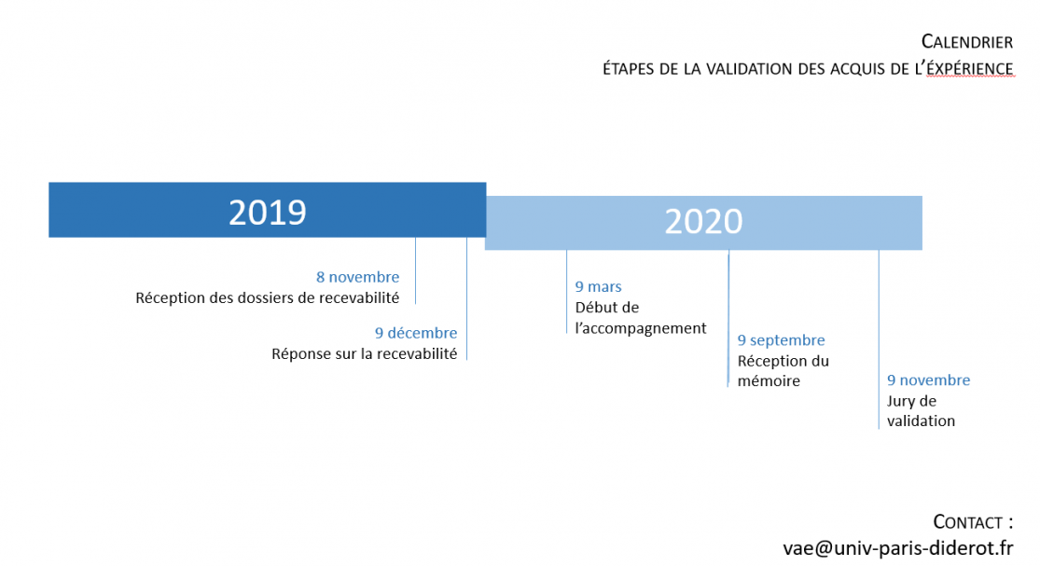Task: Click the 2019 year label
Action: [x=268, y=213]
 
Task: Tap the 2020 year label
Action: [x=703, y=221]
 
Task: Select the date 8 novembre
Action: [x=357, y=277]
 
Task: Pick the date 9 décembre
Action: [x=416, y=333]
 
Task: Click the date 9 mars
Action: [x=598, y=287]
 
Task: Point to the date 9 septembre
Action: [x=782, y=340]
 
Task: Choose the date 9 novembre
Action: [x=929, y=380]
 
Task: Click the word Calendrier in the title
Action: [x=967, y=42]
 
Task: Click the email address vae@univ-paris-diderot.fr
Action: [x=898, y=548]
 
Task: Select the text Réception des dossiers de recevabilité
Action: [x=268, y=298]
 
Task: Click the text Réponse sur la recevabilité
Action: [x=364, y=354]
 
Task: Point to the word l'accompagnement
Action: [x=641, y=329]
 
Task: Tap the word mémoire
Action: [x=769, y=381]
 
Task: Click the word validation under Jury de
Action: [x=922, y=421]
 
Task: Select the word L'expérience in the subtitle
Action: [x=965, y=69]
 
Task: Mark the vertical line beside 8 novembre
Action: [x=416, y=270]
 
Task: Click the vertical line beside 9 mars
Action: [x=566, y=292]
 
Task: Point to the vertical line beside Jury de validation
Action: [x=879, y=339]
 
